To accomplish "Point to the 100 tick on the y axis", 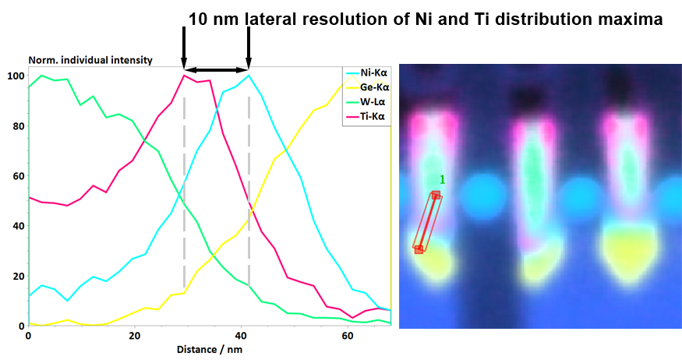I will tap(16, 76).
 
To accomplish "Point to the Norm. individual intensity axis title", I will tap(90, 60).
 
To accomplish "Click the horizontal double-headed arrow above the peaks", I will tap(216, 70).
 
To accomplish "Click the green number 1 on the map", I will tap(442, 180).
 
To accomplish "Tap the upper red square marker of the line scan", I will tap(436, 195).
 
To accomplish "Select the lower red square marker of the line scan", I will tap(419, 249).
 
